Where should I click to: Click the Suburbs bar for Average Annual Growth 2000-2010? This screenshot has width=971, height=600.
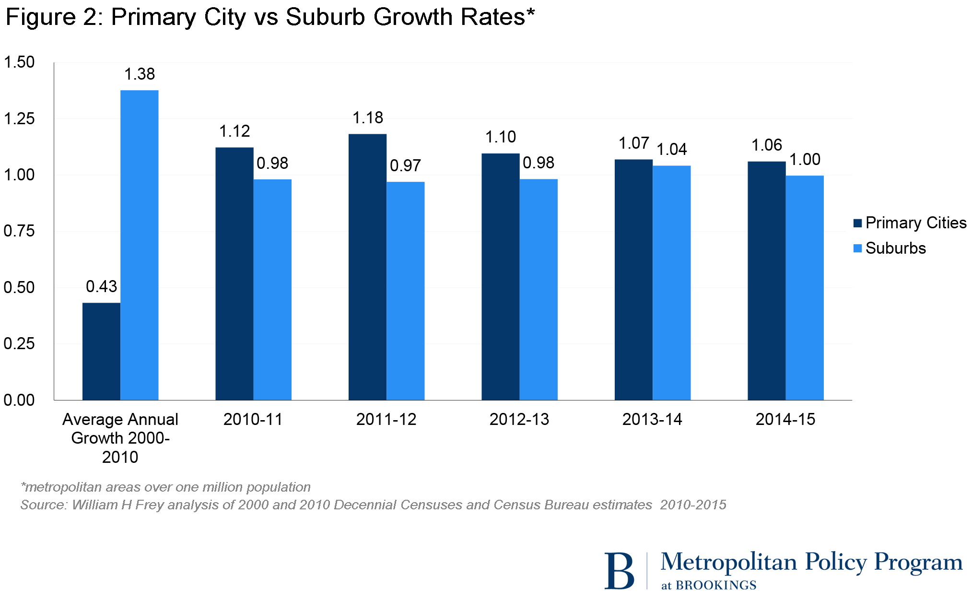click(139, 245)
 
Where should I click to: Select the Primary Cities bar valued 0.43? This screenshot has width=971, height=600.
click(101, 351)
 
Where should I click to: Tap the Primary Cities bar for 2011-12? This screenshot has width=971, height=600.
click(367, 267)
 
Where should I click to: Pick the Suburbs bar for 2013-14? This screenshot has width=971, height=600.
click(671, 282)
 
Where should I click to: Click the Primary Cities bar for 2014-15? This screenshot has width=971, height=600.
click(766, 281)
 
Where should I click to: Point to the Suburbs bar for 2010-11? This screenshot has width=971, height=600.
click(272, 289)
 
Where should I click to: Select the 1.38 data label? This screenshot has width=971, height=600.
click(140, 74)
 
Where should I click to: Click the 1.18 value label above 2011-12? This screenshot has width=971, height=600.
click(368, 118)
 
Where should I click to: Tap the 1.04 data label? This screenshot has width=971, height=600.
click(671, 150)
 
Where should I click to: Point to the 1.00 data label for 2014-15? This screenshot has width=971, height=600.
click(805, 159)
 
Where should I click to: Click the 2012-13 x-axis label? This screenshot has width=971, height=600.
click(519, 420)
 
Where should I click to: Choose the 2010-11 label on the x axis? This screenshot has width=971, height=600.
click(253, 420)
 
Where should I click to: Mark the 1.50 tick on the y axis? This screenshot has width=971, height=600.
click(19, 62)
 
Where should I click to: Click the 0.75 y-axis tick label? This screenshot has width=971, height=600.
click(19, 231)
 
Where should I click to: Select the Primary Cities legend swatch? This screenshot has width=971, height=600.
click(858, 223)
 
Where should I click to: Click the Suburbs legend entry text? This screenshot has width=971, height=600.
click(895, 248)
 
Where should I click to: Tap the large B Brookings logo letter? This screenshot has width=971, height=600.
click(619, 571)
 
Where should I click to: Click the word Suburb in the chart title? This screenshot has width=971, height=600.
click(326, 17)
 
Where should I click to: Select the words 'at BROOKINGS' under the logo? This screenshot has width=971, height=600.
click(708, 586)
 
